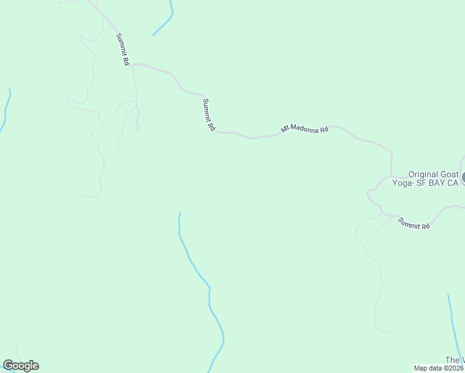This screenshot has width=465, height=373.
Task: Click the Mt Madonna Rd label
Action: (305, 129)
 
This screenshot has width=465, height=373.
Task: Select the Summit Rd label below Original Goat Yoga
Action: (414, 223)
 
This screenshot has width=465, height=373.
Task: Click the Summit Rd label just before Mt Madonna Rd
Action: (209, 115)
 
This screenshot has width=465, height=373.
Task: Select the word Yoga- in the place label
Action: (405, 183)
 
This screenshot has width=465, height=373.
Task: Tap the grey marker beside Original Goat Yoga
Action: (463, 178)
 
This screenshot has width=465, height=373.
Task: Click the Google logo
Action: (21, 366)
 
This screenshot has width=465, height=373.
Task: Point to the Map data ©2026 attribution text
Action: (439, 368)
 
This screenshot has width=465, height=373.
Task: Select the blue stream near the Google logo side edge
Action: (6, 109)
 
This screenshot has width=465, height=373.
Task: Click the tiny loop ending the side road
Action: (138, 127)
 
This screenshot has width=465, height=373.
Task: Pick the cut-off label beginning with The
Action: (454, 361)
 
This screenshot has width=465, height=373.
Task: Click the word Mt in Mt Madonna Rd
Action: (285, 129)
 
